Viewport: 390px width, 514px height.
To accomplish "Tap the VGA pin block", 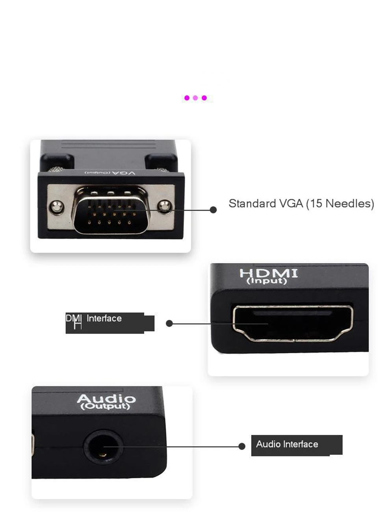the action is tap(111, 211).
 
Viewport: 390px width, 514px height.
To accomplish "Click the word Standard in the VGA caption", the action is tap(252, 204).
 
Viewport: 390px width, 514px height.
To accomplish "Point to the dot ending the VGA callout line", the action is tap(213, 210).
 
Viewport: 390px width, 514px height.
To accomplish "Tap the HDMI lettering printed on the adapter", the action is tap(269, 273).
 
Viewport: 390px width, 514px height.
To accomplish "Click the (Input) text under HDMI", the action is tap(267, 281).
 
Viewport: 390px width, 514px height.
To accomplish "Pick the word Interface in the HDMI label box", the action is tap(104, 318).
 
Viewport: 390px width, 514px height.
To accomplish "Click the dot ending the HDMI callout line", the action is tap(169, 323).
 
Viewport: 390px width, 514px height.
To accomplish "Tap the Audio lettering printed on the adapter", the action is tap(106, 399).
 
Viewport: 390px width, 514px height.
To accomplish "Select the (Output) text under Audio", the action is tap(105, 406).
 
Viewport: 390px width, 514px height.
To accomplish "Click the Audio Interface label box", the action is tap(296, 445).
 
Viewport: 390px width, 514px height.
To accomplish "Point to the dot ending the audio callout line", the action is tap(242, 446).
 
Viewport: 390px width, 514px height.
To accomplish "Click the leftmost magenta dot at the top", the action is tap(187, 98).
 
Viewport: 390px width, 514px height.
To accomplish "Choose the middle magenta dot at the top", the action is tap(195, 98).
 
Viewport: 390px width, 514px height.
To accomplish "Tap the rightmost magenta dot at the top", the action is tap(204, 98).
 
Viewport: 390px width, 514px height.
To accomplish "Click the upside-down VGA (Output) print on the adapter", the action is tap(110, 173).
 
